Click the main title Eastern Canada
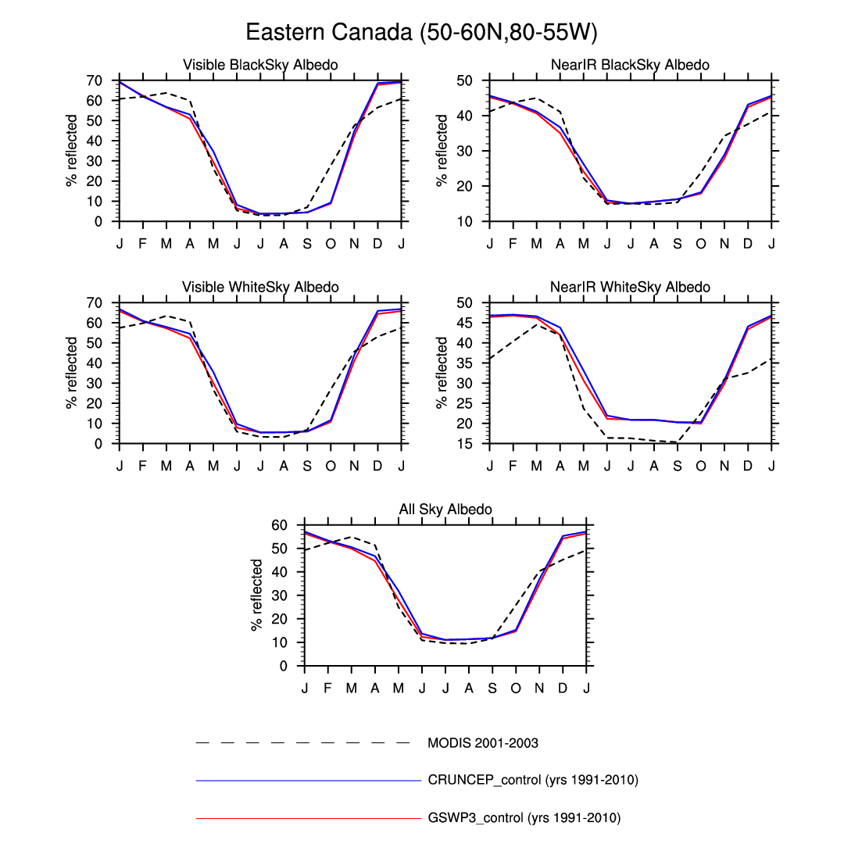pyautogui.click(x=421, y=33)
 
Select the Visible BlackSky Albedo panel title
pyautogui.click(x=260, y=65)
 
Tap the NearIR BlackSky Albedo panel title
pyautogui.click(x=630, y=65)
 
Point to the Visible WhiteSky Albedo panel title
pyautogui.click(x=260, y=288)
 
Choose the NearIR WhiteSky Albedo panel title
pyautogui.click(x=630, y=288)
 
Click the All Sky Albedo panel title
pyautogui.click(x=445, y=510)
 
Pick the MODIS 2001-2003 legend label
pyautogui.click(x=482, y=743)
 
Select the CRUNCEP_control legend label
pyautogui.click(x=533, y=780)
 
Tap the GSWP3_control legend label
pyautogui.click(x=524, y=818)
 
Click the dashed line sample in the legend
pyautogui.click(x=302, y=742)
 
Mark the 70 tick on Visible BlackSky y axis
pyautogui.click(x=94, y=80)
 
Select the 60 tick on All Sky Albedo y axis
pyautogui.click(x=279, y=525)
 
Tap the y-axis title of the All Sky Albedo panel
pyautogui.click(x=257, y=595)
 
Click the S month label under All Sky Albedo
pyautogui.click(x=492, y=688)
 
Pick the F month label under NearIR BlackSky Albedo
pyautogui.click(x=513, y=243)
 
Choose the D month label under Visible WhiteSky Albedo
pyautogui.click(x=377, y=466)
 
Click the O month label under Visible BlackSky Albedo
pyautogui.click(x=331, y=243)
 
